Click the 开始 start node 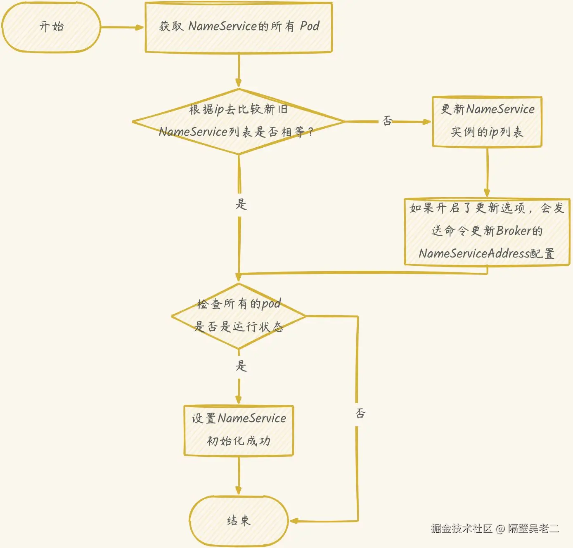51,27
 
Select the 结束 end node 239,520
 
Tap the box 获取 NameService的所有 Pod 239,27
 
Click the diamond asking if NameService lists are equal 239,121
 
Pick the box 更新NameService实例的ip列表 487,121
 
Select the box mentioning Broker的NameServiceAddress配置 487,231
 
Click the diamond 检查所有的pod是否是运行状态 239,316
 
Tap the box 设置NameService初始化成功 239,430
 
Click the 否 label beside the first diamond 387,121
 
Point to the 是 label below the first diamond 241,204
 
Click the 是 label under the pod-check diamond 241,366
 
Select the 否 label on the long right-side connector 360,413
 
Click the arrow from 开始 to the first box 122,28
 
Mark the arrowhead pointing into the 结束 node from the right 294,521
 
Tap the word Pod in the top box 310,26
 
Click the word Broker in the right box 513,231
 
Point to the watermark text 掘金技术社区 462,529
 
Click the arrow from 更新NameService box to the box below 487,172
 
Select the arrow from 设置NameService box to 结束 239,475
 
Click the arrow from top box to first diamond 239,70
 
